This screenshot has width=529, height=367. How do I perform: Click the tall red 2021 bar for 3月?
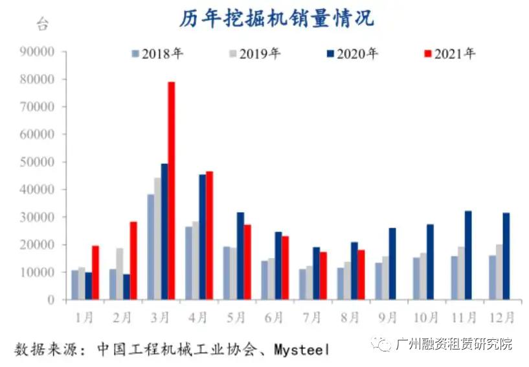[x=172, y=191]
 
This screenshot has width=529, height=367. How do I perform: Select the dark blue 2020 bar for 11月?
[x=468, y=255]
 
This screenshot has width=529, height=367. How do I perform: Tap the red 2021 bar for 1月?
[x=95, y=273]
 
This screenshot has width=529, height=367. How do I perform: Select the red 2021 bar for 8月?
[x=361, y=275]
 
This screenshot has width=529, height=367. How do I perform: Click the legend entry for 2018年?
[x=157, y=54]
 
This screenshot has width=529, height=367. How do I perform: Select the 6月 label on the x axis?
[x=274, y=317]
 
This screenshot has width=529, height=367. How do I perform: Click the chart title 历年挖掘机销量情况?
[x=276, y=18]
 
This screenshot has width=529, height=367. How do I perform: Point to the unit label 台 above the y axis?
[x=42, y=25]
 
